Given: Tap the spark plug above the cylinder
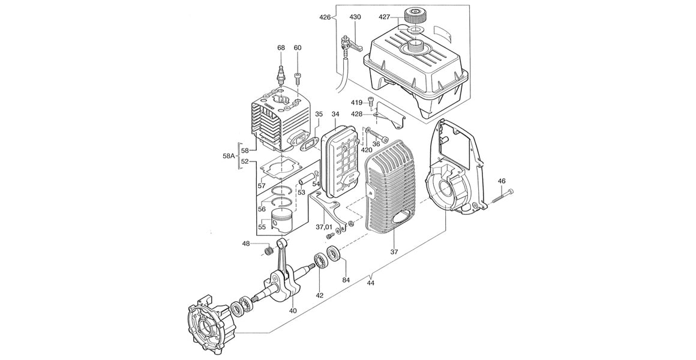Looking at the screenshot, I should pos(281,75).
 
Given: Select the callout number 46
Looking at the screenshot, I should pos(502,181).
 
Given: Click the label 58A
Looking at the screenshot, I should pos(229,156).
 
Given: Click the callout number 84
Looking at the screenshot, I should pos(346,280).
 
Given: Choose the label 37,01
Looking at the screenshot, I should pos(323,227).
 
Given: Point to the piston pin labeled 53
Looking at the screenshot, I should pos(307,179).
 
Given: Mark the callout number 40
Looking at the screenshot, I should pos(293,310).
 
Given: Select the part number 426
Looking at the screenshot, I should pos(325,17).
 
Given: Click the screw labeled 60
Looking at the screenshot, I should pos(298,77).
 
